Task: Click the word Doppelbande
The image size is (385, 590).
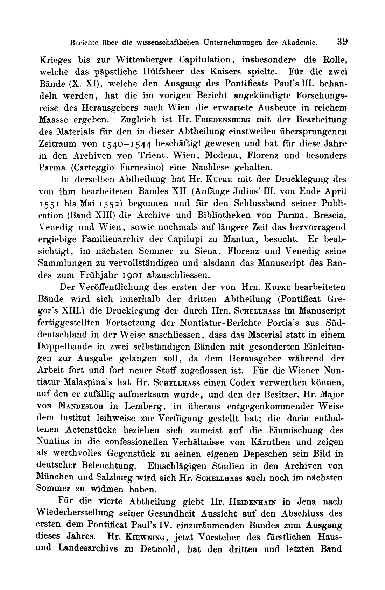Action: [62, 347]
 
